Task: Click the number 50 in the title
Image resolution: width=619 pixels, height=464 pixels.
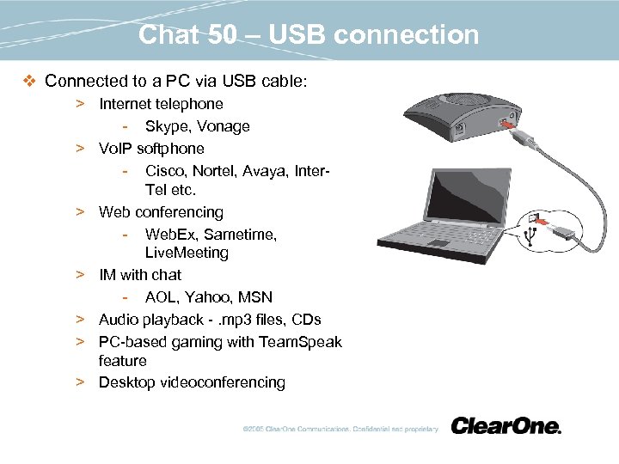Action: pyautogui.click(x=222, y=34)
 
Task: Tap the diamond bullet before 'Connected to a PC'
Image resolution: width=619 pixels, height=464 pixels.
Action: pyautogui.click(x=28, y=82)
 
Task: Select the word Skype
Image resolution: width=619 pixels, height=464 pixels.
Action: pyautogui.click(x=166, y=126)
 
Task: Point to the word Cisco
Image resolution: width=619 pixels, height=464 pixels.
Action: pyautogui.click(x=166, y=171)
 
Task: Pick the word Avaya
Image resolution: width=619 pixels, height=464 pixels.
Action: pyautogui.click(x=267, y=171)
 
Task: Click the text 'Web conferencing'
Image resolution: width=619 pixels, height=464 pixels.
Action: pyautogui.click(x=161, y=212)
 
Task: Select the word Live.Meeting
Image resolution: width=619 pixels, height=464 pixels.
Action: pyautogui.click(x=187, y=253)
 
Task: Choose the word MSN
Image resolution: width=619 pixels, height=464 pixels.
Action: pyautogui.click(x=256, y=297)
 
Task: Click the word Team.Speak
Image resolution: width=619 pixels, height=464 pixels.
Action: pyautogui.click(x=300, y=342)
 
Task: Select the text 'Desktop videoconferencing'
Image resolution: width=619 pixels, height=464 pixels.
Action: pyautogui.click(x=192, y=382)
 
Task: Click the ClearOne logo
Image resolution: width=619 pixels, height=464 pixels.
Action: pyautogui.click(x=506, y=426)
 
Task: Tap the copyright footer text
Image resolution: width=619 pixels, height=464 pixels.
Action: pyautogui.click(x=340, y=429)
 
